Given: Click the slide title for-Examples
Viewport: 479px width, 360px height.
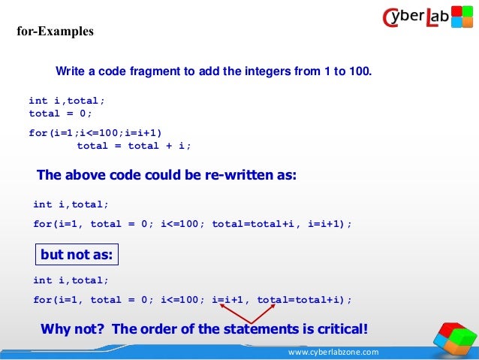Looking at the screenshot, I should click(x=56, y=32).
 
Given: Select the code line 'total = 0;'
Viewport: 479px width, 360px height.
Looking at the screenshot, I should click(x=60, y=113).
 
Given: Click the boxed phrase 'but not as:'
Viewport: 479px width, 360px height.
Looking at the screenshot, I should click(x=77, y=255).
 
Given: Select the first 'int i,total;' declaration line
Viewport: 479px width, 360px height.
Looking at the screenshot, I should click(x=67, y=100).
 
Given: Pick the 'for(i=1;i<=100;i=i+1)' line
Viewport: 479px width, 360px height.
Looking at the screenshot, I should click(x=95, y=133).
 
